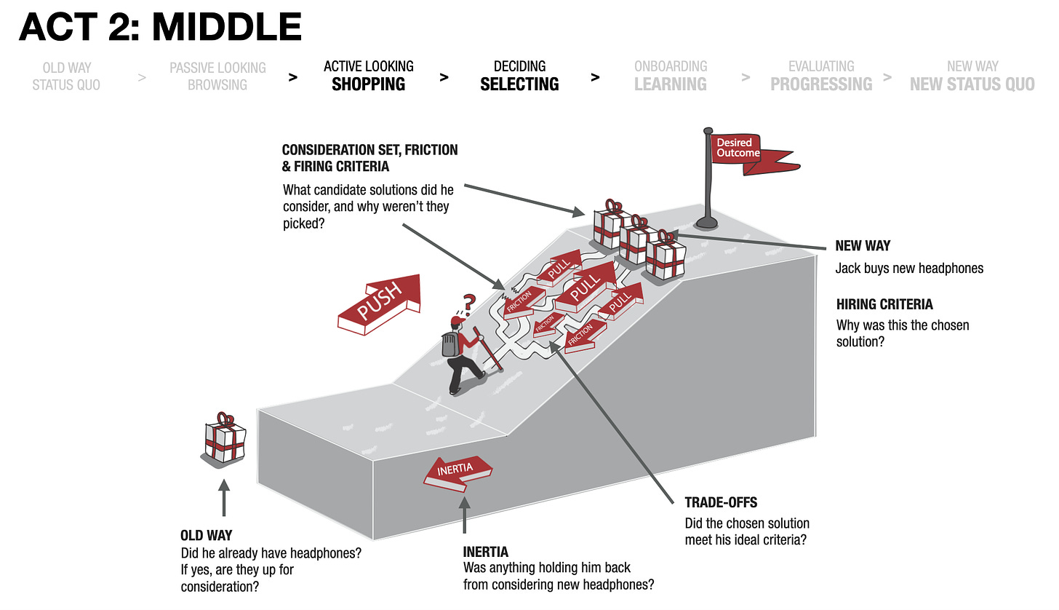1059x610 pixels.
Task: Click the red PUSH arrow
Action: [379, 303]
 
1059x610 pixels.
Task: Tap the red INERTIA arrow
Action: [457, 471]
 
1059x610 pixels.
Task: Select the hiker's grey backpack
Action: [451, 344]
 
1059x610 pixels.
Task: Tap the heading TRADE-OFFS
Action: [721, 502]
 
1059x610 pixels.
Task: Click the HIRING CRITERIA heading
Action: [884, 304]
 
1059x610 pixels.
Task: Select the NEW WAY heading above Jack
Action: [863, 246]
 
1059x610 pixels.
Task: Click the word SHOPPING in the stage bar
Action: [368, 84]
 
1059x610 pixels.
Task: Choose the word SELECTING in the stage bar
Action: [519, 84]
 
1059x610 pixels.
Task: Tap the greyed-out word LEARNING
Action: [670, 84]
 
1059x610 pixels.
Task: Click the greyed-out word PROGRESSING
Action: [821, 84]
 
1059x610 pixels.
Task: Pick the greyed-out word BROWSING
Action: [217, 85]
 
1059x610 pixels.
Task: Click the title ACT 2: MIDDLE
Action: [161, 28]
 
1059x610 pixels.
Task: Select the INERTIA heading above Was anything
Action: [485, 552]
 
